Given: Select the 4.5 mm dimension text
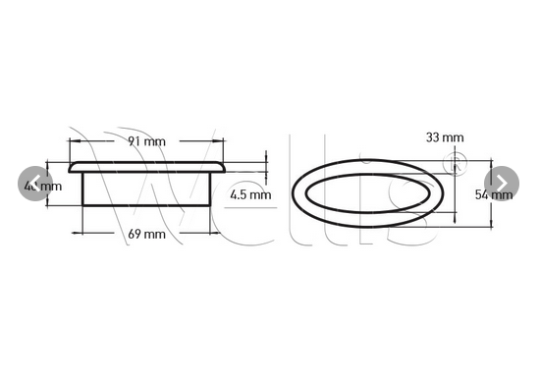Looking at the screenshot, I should [250, 195].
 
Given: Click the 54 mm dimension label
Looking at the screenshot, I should [494, 194].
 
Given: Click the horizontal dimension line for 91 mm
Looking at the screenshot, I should [108, 140].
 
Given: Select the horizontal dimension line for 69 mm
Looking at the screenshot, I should [108, 232].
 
